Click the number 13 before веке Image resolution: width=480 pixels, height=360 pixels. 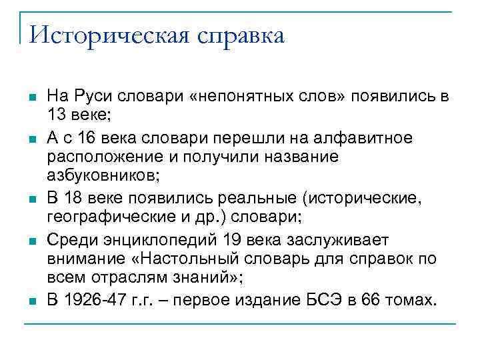click(56, 114)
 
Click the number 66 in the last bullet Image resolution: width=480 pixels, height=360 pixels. click(372, 299)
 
